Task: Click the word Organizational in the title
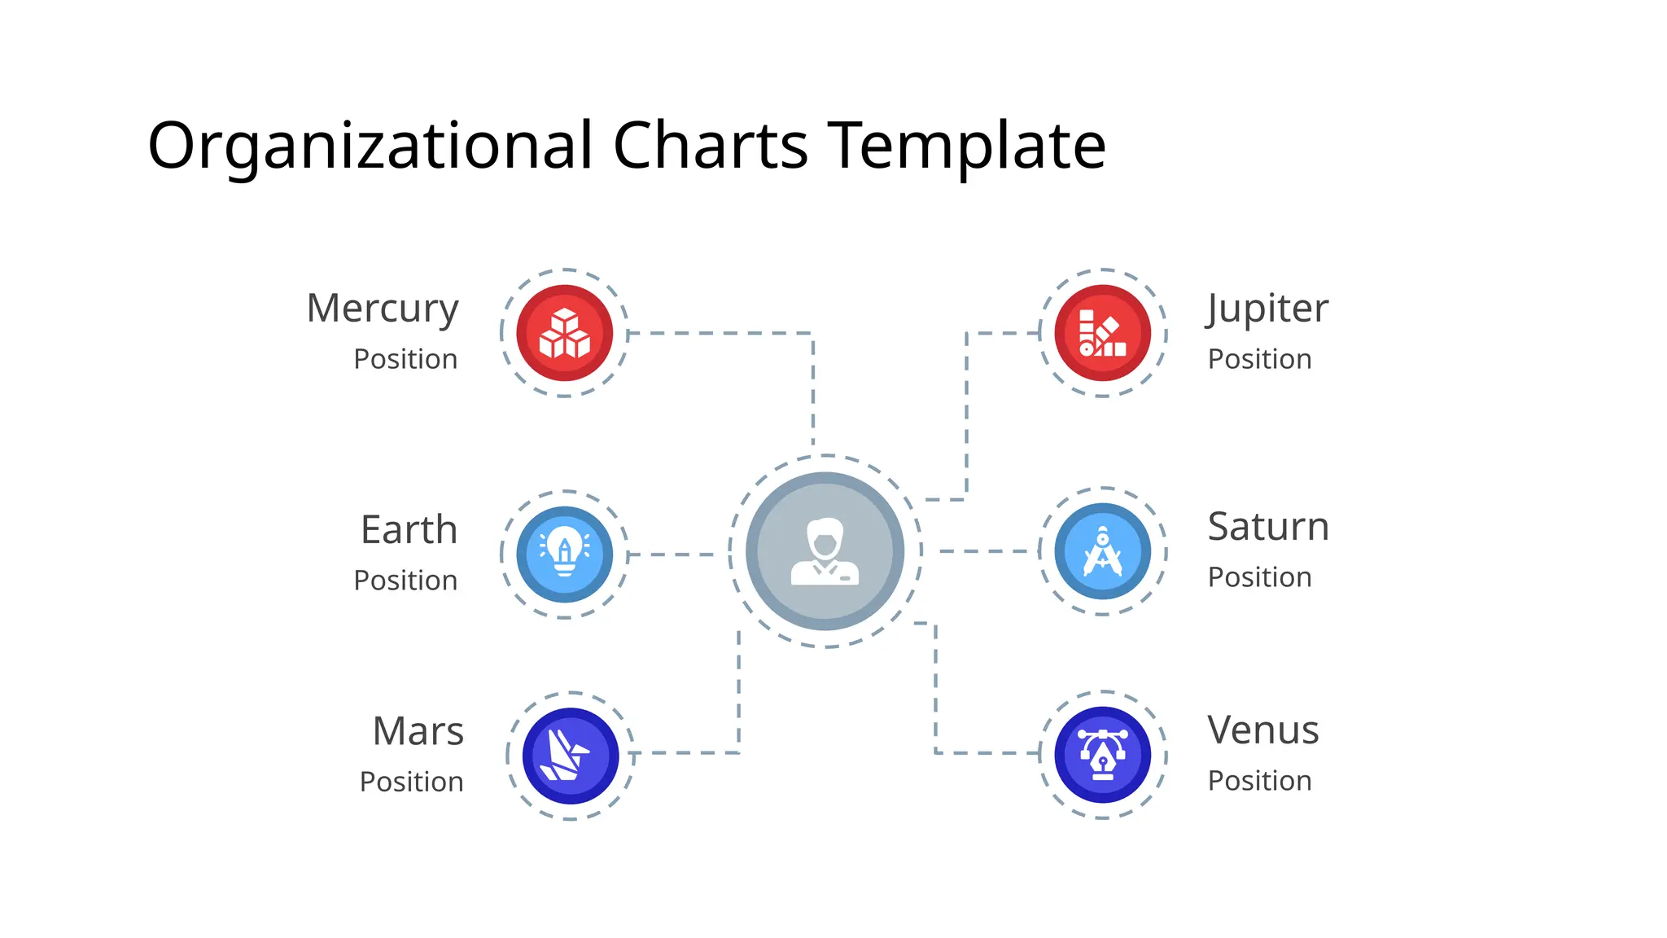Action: pyautogui.click(x=370, y=147)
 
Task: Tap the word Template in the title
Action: pyautogui.click(x=966, y=147)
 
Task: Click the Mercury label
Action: pyautogui.click(x=383, y=309)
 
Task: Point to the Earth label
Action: pyautogui.click(x=409, y=530)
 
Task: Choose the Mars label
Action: pyautogui.click(x=418, y=731)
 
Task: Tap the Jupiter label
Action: pyautogui.click(x=1267, y=309)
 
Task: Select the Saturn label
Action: pyautogui.click(x=1268, y=527)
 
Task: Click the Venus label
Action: pyautogui.click(x=1263, y=730)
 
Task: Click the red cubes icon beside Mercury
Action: pyautogui.click(x=565, y=333)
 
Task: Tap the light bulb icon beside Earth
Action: pyautogui.click(x=565, y=554)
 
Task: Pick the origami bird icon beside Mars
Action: pyautogui.click(x=570, y=756)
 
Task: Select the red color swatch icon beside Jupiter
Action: pyautogui.click(x=1103, y=333)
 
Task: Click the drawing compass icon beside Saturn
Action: pyautogui.click(x=1103, y=551)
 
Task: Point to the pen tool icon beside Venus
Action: pyautogui.click(x=1103, y=755)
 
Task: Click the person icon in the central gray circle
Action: pyautogui.click(x=825, y=551)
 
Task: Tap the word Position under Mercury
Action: pyautogui.click(x=405, y=359)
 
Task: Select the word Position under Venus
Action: pyautogui.click(x=1259, y=781)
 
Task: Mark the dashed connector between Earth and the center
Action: pyautogui.click(x=672, y=554)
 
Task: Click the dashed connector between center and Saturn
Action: pyautogui.click(x=987, y=551)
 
